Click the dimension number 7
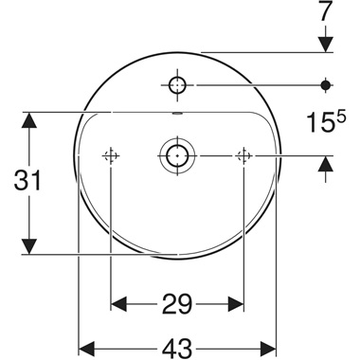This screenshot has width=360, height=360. click(325, 12)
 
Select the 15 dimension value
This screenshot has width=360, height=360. click(318, 122)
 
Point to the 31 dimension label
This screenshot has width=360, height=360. click(31, 181)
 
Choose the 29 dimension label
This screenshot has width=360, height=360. click(177, 304)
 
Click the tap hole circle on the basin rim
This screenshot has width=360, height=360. click(177, 85)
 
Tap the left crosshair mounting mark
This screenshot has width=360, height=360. click(112, 154)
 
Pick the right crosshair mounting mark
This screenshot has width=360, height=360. click(243, 154)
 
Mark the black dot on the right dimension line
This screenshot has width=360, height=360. click(325, 85)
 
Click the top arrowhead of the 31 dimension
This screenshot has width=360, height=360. click(30, 119)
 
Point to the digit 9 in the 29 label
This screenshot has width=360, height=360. click(186, 304)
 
